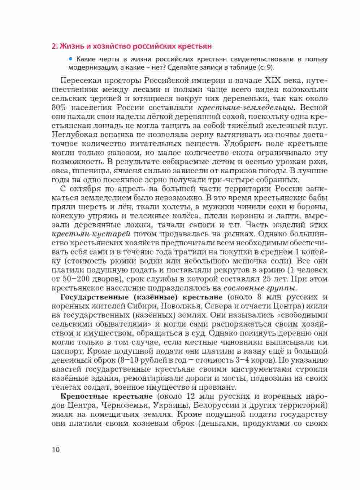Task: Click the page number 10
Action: [56, 450]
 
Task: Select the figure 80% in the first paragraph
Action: [60, 108]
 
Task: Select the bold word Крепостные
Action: [78, 396]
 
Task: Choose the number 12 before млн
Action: [192, 396]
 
